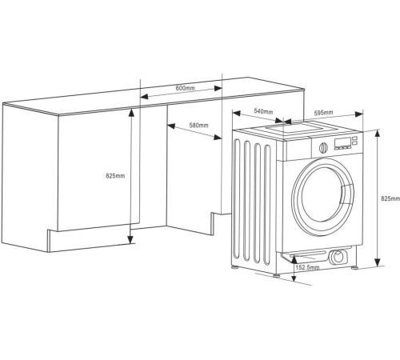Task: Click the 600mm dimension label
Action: [185, 88]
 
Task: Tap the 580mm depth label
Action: [198, 125]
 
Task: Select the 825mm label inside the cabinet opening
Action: [115, 176]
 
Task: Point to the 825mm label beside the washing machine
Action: [390, 198]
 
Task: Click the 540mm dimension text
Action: [263, 111]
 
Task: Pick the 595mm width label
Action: [323, 113]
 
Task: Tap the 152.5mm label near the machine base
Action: [307, 267]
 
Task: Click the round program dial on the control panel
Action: [323, 147]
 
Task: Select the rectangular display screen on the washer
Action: [342, 143]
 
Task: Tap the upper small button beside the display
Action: [354, 138]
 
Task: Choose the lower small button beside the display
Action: [354, 143]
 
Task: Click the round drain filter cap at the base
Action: [338, 257]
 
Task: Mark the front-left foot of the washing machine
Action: [276, 275]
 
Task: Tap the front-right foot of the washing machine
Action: [354, 267]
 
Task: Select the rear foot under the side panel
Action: [234, 267]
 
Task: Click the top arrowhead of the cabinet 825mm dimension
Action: [131, 113]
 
